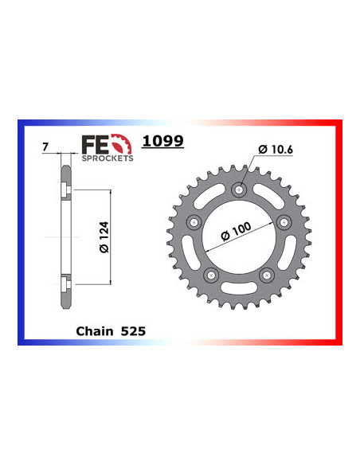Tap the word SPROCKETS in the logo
tap(107, 158)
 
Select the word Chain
tap(94, 329)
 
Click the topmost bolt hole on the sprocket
tap(241, 190)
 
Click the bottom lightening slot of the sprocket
tap(240, 288)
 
